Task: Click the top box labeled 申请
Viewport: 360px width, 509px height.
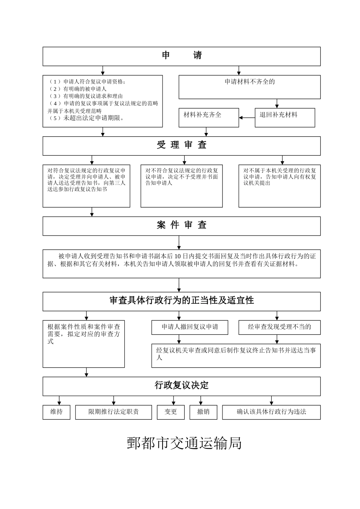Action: (182, 56)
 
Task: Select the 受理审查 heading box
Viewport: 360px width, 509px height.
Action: (182, 145)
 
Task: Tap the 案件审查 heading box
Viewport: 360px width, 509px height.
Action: (182, 226)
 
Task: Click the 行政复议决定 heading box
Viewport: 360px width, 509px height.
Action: (182, 386)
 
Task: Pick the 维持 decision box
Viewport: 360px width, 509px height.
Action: (56, 412)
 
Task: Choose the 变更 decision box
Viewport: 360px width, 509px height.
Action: (171, 412)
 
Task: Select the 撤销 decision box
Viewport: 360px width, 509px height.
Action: (203, 412)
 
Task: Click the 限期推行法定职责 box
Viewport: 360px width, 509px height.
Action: (113, 412)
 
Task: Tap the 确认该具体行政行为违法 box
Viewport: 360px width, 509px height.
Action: (271, 412)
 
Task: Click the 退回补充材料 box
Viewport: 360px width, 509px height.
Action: (285, 117)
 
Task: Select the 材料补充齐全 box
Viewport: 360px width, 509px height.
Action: (209, 117)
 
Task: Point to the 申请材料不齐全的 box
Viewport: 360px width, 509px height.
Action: (249, 87)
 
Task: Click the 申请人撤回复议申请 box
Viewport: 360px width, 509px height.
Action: (190, 327)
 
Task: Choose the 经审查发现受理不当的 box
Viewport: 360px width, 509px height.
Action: (279, 327)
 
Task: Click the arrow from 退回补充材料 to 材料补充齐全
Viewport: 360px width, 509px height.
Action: (247, 117)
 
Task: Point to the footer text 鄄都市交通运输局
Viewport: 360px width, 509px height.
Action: (184, 443)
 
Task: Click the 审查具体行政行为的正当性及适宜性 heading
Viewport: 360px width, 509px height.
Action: (182, 301)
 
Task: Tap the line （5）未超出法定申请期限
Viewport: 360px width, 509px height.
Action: (87, 118)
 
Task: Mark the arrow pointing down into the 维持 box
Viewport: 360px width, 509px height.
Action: (59, 401)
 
